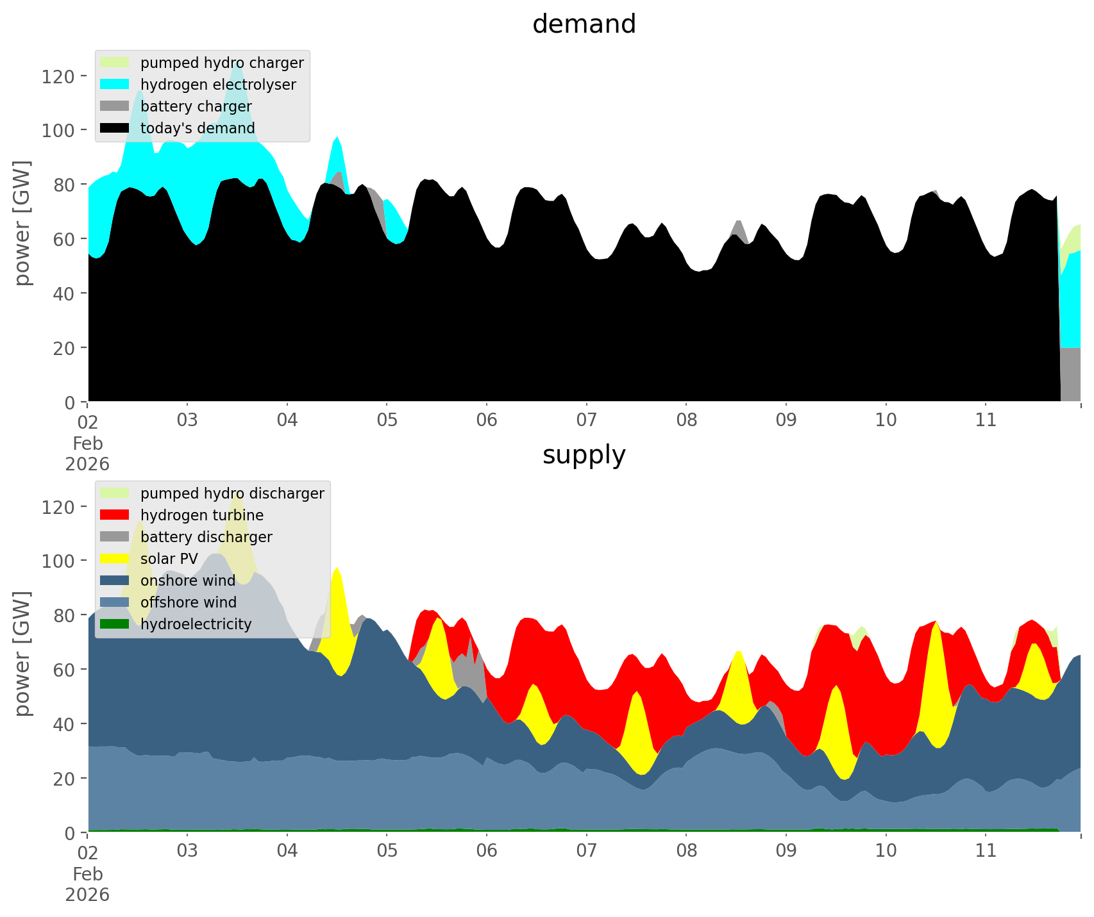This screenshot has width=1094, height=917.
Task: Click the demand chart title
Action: pos(584,24)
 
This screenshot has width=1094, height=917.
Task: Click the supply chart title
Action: pos(584,455)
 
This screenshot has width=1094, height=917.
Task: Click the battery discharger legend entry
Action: pos(206,537)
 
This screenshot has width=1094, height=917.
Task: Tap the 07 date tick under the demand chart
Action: pos(586,420)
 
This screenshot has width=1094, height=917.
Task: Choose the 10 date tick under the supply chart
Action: pos(886,851)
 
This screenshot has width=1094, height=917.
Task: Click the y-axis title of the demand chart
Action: pos(22,222)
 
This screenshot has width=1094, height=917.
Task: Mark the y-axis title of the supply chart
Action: pos(22,653)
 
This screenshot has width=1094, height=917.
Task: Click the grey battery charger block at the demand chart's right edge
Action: pos(1070,374)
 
